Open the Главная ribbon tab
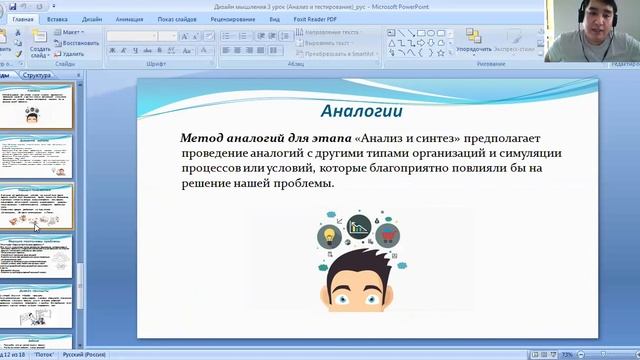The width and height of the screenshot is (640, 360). point(22,18)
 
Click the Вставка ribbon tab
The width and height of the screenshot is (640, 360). point(57,18)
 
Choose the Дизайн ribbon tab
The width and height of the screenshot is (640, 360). point(92,18)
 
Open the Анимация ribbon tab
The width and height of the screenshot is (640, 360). point(129,18)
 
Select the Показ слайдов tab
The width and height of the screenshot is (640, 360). point(176,18)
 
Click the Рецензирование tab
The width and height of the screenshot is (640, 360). point(233,18)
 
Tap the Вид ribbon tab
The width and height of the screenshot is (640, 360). point(274,18)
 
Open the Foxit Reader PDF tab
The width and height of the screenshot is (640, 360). point(316,18)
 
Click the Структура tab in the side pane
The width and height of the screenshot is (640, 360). point(37,75)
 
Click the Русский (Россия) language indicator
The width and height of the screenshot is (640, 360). point(85,354)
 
